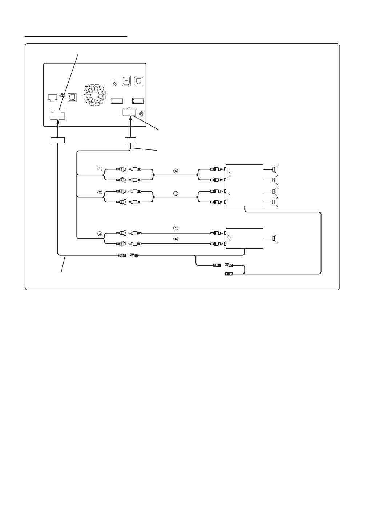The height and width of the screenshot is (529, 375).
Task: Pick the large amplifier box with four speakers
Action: click(x=244, y=185)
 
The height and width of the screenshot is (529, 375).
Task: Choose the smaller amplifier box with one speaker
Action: click(x=244, y=238)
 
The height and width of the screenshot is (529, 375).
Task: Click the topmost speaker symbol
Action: click(x=275, y=169)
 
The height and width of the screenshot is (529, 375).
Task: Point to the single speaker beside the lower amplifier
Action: click(x=275, y=238)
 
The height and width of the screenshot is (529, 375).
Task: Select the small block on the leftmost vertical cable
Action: click(x=57, y=140)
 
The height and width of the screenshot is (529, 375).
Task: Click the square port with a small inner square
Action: click(x=127, y=81)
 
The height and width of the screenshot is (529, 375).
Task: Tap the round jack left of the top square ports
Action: click(x=115, y=83)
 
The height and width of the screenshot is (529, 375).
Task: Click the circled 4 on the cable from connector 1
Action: click(x=176, y=171)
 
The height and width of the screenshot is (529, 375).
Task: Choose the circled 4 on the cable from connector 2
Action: click(x=176, y=194)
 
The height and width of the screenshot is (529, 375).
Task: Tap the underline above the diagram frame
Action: click(x=76, y=36)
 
